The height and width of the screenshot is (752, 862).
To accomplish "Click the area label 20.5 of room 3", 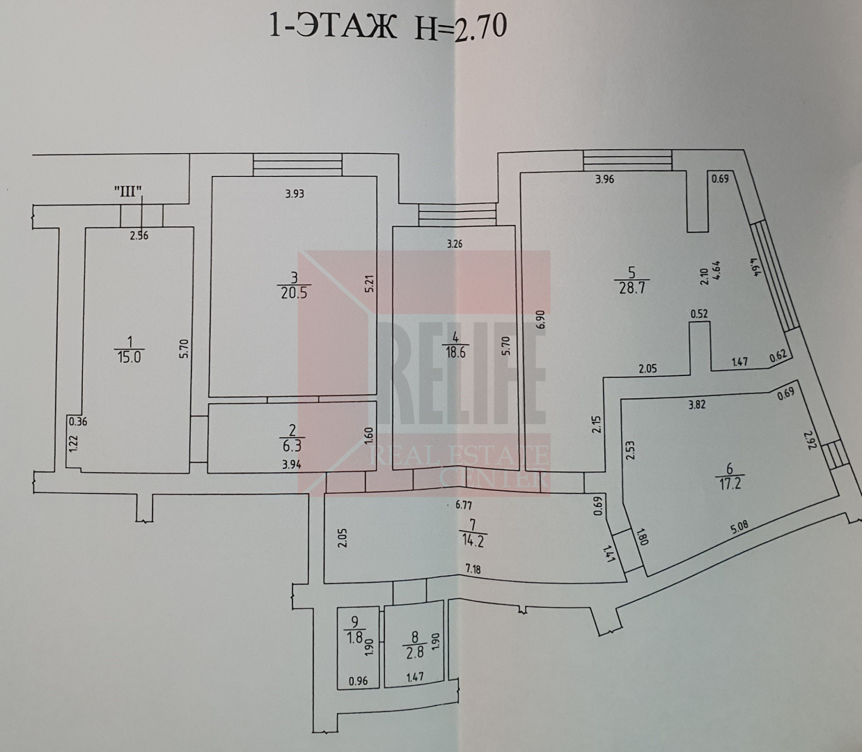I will tap(293, 292).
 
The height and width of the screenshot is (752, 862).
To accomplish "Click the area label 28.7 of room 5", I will tap(632, 288).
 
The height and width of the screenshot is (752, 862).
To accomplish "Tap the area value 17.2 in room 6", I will tap(730, 481).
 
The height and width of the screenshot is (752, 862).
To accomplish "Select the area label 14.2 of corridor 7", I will tap(472, 538).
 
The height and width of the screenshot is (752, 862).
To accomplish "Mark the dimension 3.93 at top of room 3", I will tap(295, 194).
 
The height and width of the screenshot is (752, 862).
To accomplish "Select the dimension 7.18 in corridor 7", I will tap(473, 569).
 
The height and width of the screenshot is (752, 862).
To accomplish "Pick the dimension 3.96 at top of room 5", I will tap(604, 179).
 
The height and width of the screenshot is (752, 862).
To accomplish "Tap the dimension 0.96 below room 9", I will tap(357, 682).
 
